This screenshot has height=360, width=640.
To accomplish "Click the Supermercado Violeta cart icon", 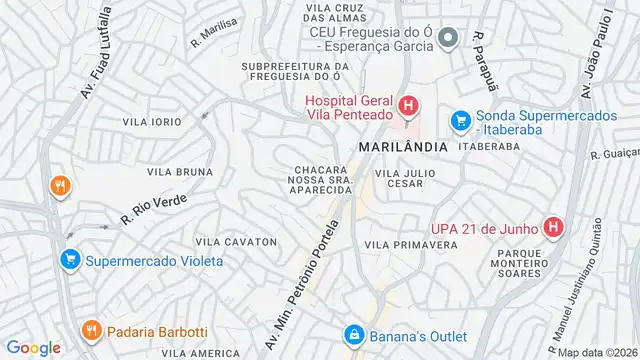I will click(69, 261).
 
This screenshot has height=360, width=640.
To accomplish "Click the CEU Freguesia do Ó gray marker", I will click(449, 38).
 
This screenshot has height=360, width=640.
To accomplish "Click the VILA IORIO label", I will click(152, 121).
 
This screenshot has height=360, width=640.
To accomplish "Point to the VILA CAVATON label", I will click(236, 242).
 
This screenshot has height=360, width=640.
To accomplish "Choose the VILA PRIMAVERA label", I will click(404, 244).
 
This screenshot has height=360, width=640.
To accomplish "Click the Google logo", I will click(34, 347).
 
